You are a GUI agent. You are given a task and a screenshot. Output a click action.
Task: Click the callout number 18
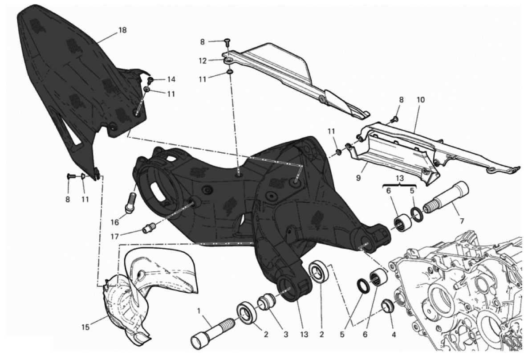(122, 30)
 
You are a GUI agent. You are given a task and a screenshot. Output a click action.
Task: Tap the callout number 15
(85, 327)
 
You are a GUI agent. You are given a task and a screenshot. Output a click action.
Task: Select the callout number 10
(421, 100)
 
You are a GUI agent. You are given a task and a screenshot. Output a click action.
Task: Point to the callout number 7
(461, 221)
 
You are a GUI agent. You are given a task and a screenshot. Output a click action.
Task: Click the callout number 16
(115, 222)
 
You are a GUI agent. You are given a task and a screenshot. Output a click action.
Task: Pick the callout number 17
(114, 237)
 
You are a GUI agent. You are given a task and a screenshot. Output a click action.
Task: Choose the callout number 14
(171, 80)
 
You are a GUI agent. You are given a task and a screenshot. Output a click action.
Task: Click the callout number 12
(203, 61)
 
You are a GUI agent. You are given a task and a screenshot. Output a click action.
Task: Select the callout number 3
(285, 335)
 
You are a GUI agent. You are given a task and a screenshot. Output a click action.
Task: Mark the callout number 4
(394, 335)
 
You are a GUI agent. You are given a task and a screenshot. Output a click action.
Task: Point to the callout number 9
(358, 177)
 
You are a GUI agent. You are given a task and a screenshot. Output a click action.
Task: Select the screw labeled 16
(131, 202)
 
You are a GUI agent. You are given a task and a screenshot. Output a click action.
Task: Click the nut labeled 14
(151, 80)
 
